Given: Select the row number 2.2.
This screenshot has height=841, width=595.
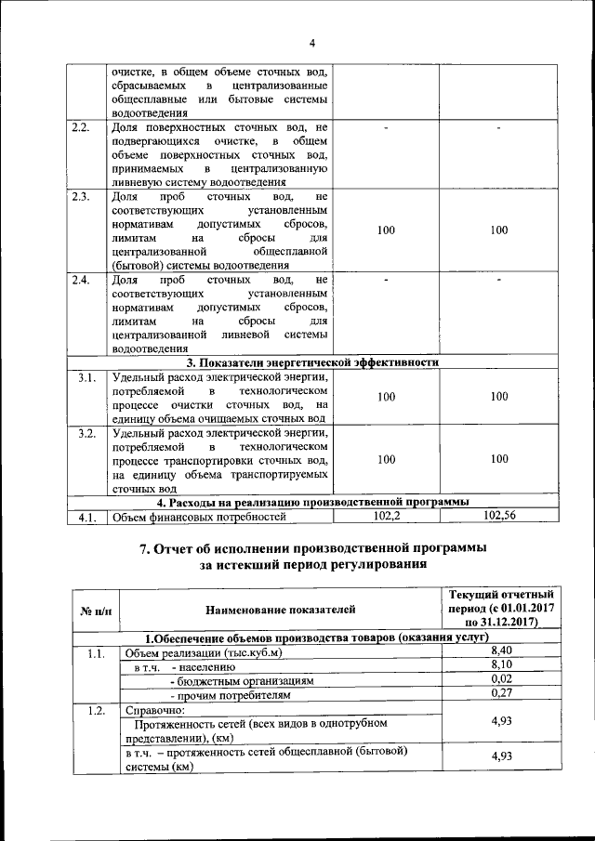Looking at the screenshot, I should [81, 127].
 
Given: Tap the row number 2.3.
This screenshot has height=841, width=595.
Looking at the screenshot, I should [81, 197].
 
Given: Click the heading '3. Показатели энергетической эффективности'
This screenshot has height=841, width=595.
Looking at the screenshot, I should [312, 362].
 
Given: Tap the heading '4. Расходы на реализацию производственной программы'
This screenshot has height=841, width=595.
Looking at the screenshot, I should [312, 503].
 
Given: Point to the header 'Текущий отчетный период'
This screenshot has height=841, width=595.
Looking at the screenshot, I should [501, 609].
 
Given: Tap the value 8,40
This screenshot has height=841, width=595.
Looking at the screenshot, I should [501, 651].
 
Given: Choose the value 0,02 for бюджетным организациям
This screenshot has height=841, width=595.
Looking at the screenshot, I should [501, 679].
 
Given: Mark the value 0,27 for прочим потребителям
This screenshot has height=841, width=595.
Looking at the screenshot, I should [501, 693].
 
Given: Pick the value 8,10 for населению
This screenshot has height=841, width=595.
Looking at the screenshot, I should [501, 665].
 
